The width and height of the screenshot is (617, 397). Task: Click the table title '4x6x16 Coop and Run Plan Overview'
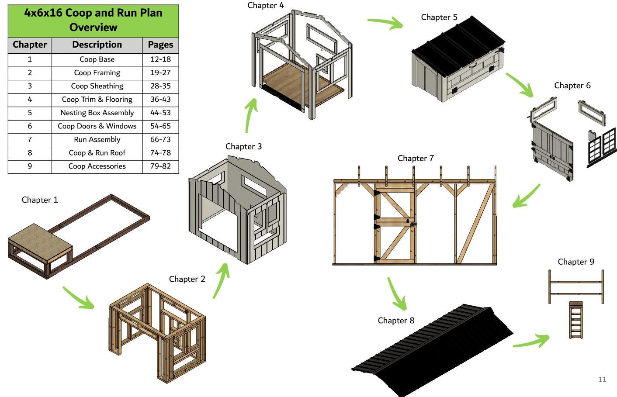[93, 20]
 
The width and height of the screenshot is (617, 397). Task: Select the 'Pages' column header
[160, 45]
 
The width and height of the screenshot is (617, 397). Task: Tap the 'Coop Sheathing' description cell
[97, 86]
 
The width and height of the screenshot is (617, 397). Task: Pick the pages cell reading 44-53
[160, 113]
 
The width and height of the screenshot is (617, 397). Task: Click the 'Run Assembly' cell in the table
[97, 139]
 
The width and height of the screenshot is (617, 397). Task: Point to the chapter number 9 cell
[30, 166]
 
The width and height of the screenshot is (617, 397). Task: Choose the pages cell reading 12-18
[160, 59]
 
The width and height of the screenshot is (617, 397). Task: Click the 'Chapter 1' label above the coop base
[40, 200]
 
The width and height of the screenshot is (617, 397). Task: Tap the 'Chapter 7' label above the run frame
[416, 158]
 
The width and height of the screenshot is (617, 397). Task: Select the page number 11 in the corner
[602, 380]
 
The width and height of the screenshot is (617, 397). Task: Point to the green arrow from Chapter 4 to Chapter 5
[386, 22]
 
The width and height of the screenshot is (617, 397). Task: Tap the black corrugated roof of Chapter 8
[433, 349]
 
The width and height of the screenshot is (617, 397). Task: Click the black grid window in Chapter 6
[602, 146]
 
